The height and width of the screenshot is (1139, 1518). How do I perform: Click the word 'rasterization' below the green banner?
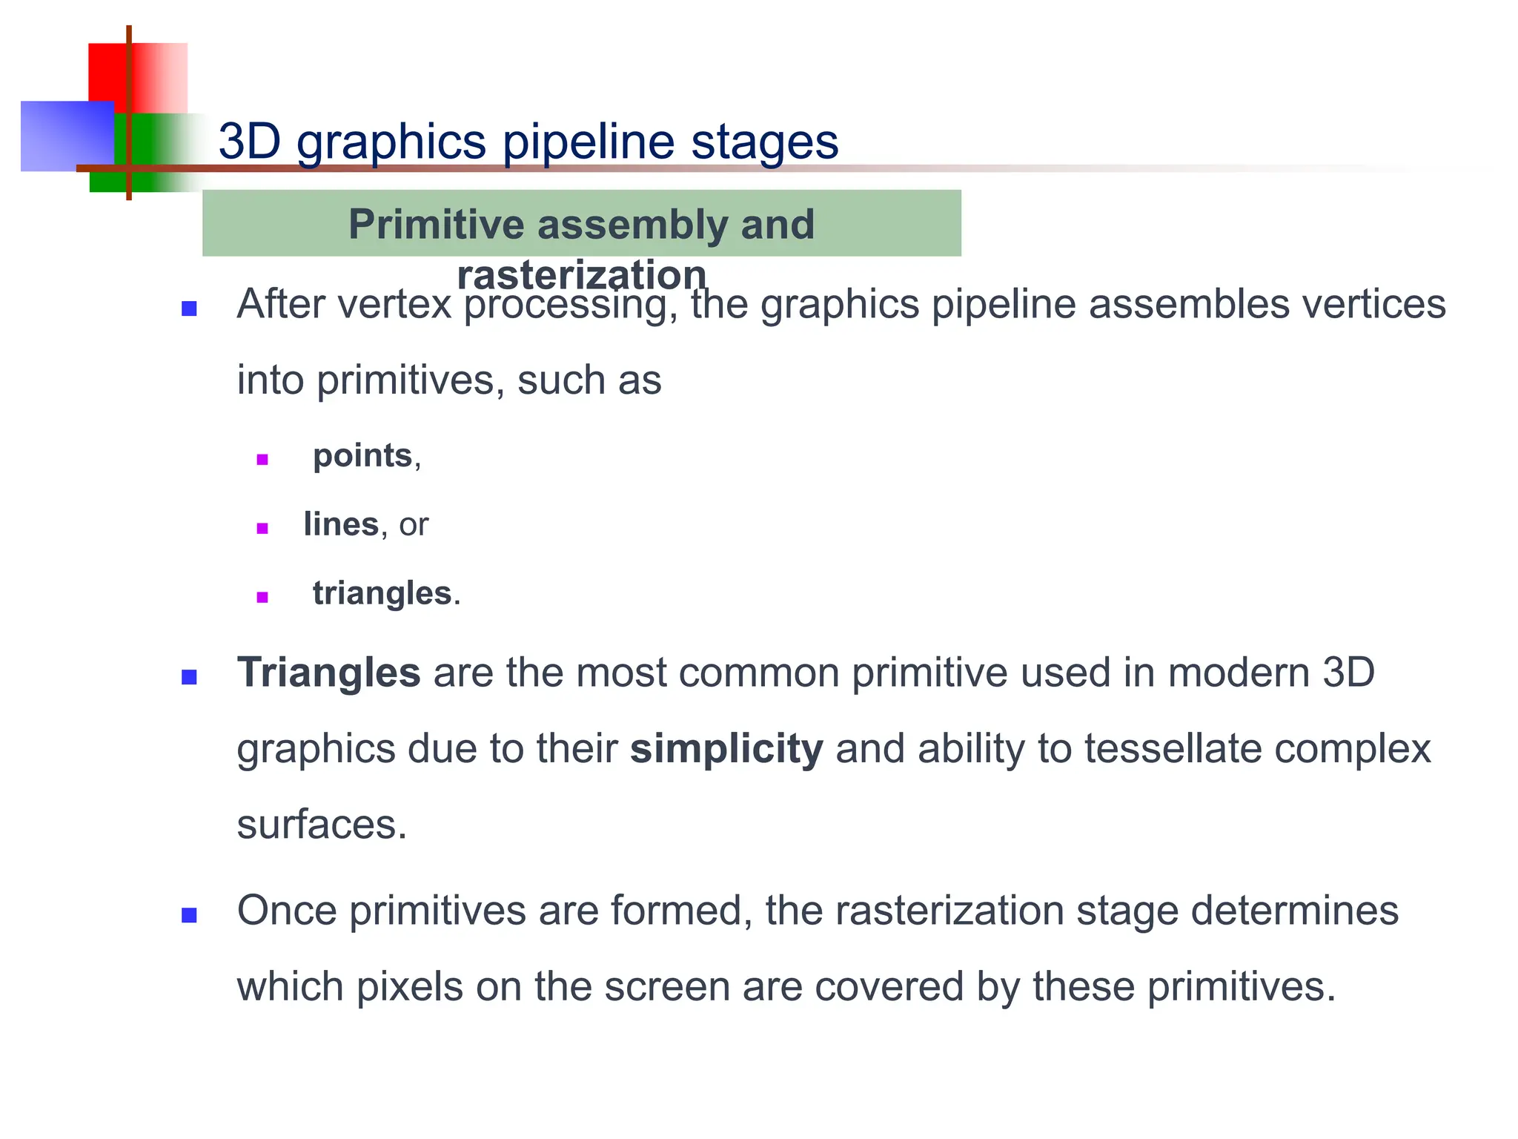tap(581, 275)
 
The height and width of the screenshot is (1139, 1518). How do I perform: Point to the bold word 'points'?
tap(362, 455)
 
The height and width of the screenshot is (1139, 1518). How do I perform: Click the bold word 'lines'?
tap(341, 524)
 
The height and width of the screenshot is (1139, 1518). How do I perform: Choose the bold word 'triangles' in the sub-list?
tap(382, 593)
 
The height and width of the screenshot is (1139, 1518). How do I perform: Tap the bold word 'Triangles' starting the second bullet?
tap(328, 673)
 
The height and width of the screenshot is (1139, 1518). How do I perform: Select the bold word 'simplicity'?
tap(726, 749)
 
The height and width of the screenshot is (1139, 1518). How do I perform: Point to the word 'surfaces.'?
tap(322, 825)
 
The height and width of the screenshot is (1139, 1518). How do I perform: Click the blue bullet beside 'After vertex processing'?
tap(189, 308)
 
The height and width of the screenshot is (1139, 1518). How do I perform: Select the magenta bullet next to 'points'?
tap(262, 460)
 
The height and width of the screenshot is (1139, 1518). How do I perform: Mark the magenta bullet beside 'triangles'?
tap(262, 598)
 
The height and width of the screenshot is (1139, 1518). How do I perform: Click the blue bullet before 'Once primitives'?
tap(189, 916)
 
